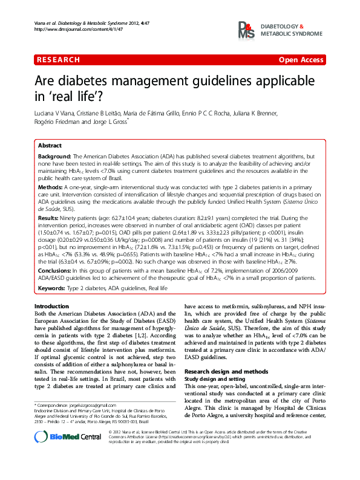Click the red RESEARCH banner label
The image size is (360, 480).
[58, 60]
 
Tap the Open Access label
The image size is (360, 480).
[301, 60]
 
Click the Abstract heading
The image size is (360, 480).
[50, 146]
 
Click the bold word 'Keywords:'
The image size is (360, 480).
[51, 288]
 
